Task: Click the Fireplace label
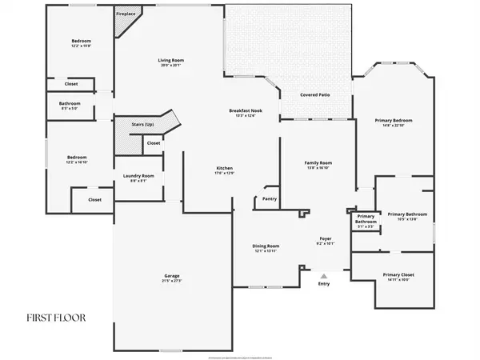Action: pos(125,14)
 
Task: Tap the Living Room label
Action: pos(171,61)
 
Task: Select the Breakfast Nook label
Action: pos(242,110)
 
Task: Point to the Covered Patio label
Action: pos(314,95)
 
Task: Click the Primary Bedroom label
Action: pos(392,121)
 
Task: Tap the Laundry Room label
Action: pos(138,176)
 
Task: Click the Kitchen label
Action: pos(224,168)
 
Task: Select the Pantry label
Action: pos(270,198)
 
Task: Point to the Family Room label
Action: pos(318,163)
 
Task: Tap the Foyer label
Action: pos(325,238)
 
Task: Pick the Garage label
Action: pos(172,277)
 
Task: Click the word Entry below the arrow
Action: pos(323,284)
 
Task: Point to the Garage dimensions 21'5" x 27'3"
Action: pos(172,282)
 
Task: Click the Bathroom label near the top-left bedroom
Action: pos(70,104)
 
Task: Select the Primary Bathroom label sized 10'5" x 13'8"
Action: pos(407,214)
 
